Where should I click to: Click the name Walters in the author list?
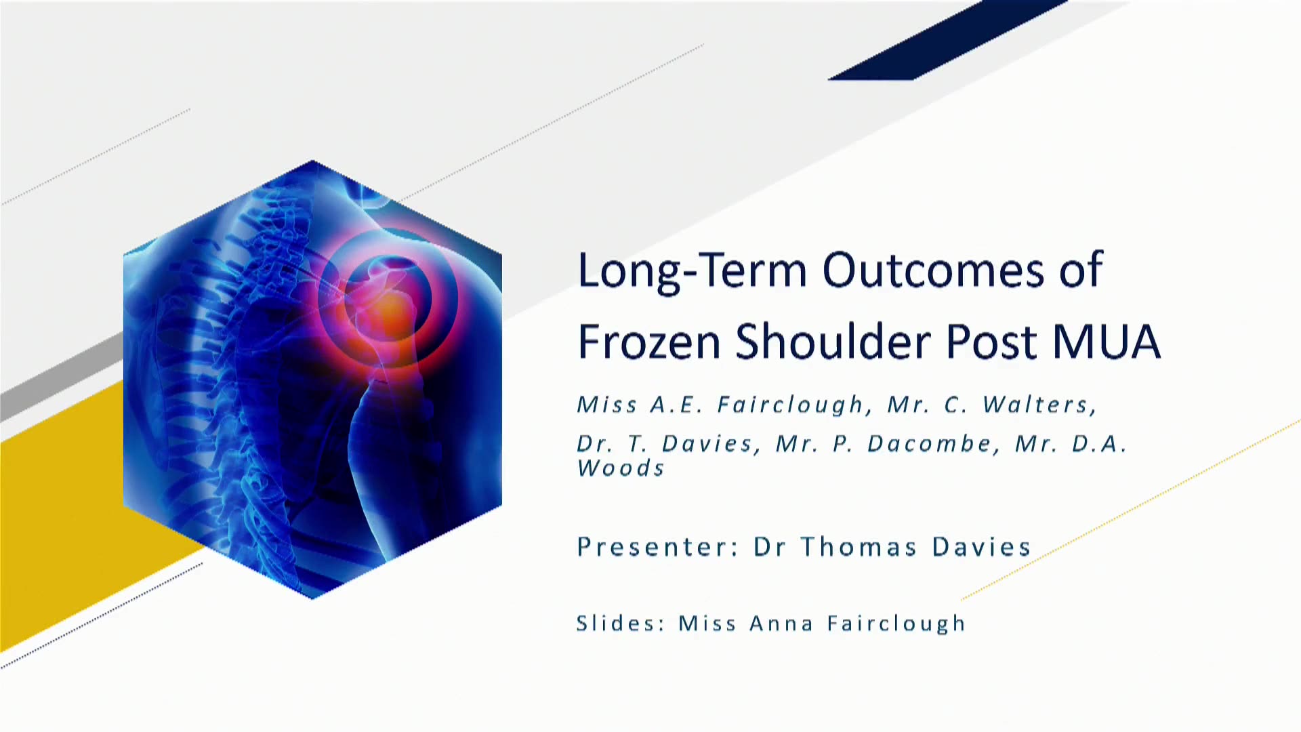click(1039, 405)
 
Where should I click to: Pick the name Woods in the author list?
click(621, 468)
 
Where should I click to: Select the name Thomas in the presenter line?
click(859, 546)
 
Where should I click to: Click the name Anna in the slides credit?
click(781, 623)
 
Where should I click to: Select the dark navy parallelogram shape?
click(949, 40)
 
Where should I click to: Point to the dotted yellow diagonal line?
click(1130, 510)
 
